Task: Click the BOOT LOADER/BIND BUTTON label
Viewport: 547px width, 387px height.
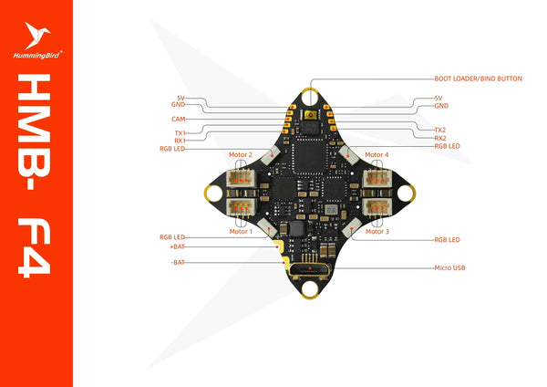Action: [x=478, y=78]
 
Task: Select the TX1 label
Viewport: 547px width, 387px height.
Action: [x=180, y=133]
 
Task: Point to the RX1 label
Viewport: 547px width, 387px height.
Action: [x=180, y=141]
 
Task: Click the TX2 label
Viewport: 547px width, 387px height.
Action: [x=440, y=131]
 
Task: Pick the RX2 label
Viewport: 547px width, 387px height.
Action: [x=440, y=138]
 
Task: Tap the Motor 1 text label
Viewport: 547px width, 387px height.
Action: [x=240, y=232]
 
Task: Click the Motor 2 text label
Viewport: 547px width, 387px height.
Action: [x=241, y=155]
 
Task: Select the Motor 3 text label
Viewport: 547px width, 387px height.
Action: [x=374, y=232]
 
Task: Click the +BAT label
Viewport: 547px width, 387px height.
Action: [x=177, y=246]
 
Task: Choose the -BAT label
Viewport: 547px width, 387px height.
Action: [x=179, y=262]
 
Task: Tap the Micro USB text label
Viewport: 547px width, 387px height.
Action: [x=449, y=268]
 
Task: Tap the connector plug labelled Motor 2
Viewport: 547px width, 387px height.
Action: [x=241, y=179]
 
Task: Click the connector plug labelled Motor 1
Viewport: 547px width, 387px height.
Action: [x=241, y=207]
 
